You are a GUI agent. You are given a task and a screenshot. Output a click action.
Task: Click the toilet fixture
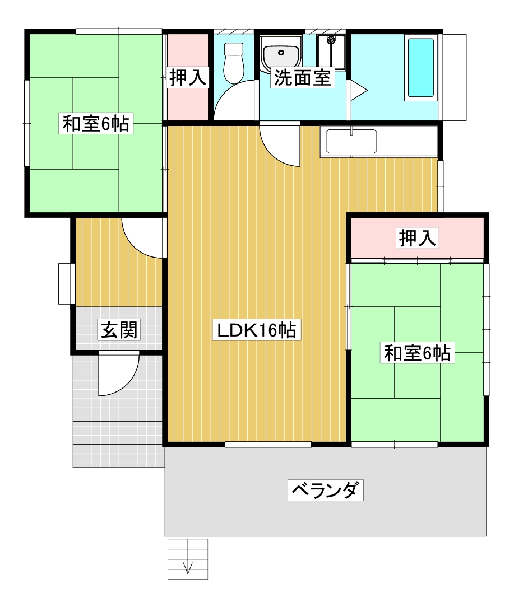234,62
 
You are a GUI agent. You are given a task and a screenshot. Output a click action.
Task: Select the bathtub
420,68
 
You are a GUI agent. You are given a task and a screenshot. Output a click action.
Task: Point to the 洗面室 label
302,78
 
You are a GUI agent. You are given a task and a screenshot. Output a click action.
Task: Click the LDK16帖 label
257,330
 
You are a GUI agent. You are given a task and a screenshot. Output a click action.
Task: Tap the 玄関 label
119,330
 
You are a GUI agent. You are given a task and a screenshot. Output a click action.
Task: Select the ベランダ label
326,491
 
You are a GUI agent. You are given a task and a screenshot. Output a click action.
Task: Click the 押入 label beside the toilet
188,77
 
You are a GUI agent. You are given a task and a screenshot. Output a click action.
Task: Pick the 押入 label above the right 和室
418,237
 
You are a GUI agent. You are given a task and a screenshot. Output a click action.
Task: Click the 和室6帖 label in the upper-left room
96,123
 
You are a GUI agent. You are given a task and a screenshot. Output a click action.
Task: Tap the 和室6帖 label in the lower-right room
418,353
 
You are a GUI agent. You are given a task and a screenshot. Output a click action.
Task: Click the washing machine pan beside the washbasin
331,52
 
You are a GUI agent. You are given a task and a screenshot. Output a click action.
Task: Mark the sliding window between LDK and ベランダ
268,445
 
